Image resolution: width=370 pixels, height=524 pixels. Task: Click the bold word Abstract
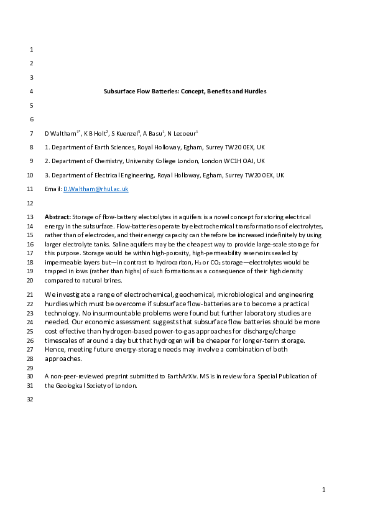pyautogui.click(x=57, y=217)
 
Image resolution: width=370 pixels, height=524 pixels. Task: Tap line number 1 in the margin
pyautogui.click(x=31, y=49)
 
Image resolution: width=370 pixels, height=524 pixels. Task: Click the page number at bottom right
pyautogui.click(x=324, y=490)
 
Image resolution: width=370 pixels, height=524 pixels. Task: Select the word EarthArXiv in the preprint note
pyautogui.click(x=174, y=377)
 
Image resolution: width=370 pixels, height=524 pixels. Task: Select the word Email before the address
pyautogui.click(x=53, y=189)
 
